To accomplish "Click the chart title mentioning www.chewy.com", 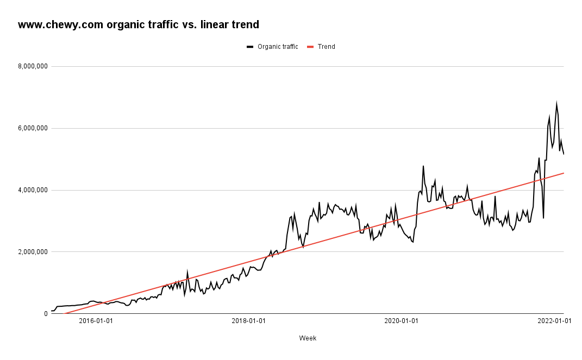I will tap(138, 24).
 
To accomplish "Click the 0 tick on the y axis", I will tap(45, 314).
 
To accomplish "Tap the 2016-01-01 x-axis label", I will tap(96, 321).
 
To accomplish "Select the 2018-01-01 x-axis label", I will tap(248, 321).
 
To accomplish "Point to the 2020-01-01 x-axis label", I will tap(401, 321).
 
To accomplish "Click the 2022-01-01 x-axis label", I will tap(554, 321).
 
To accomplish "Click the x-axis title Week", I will tap(308, 338).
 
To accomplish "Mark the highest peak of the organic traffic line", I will tap(556, 103).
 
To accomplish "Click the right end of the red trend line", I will tap(564, 173).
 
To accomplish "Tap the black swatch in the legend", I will tap(250, 47).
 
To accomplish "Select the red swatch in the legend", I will tap(311, 47).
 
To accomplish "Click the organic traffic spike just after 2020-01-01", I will tap(423, 166).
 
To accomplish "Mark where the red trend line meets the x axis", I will tap(64, 313).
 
